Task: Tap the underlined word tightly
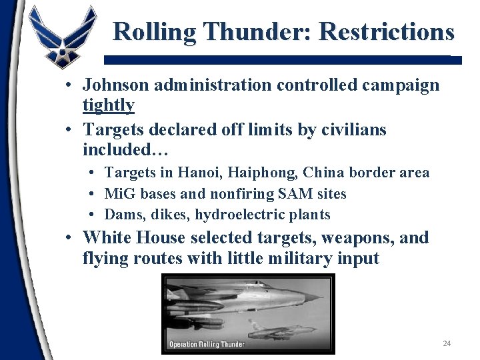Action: (x=108, y=105)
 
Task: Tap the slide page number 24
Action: (x=447, y=343)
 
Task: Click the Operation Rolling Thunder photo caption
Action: (x=207, y=345)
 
